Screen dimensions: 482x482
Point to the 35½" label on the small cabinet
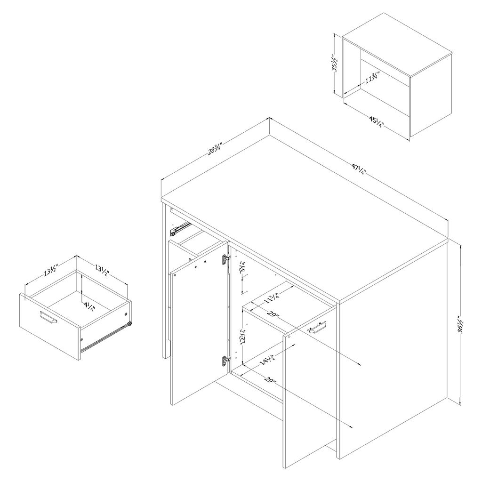click(336, 63)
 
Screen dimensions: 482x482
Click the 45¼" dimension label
click(377, 122)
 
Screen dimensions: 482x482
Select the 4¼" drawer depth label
click(89, 307)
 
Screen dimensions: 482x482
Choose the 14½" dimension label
click(267, 358)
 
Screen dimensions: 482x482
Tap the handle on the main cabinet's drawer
click(317, 327)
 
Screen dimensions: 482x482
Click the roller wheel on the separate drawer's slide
click(130, 324)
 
